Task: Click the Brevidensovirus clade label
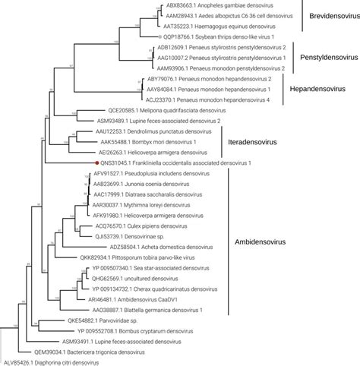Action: tap(330, 15)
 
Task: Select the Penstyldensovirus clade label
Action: tap(327, 57)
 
